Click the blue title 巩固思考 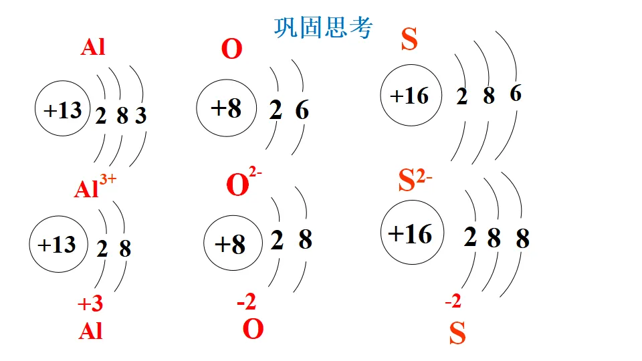tap(323, 27)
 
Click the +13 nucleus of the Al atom tap(62, 110)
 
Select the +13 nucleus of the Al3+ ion tap(57, 245)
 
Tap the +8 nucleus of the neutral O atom tap(225, 108)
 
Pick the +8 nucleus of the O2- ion tap(229, 245)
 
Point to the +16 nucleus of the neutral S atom tap(409, 96)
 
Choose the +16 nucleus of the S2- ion tap(409, 234)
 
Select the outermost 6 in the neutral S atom tap(516, 94)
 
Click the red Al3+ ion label tap(94, 188)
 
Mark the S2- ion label tap(415, 180)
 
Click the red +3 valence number tap(90, 305)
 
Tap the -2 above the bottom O tap(246, 303)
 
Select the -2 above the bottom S tap(453, 302)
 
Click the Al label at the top tap(94, 48)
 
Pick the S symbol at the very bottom tap(457, 334)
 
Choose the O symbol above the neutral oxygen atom tap(231, 50)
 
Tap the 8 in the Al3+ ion tap(125, 249)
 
